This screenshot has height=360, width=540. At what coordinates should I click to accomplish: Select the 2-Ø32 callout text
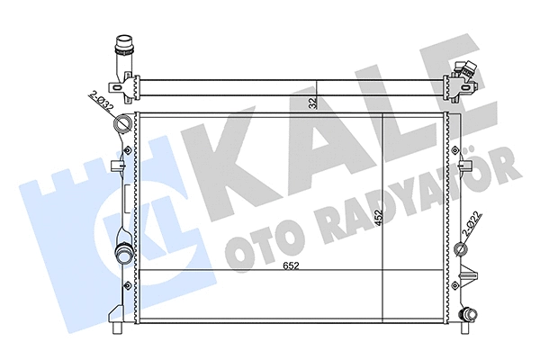tap(101, 101)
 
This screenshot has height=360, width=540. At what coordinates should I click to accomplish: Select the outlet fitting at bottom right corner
tap(467, 315)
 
